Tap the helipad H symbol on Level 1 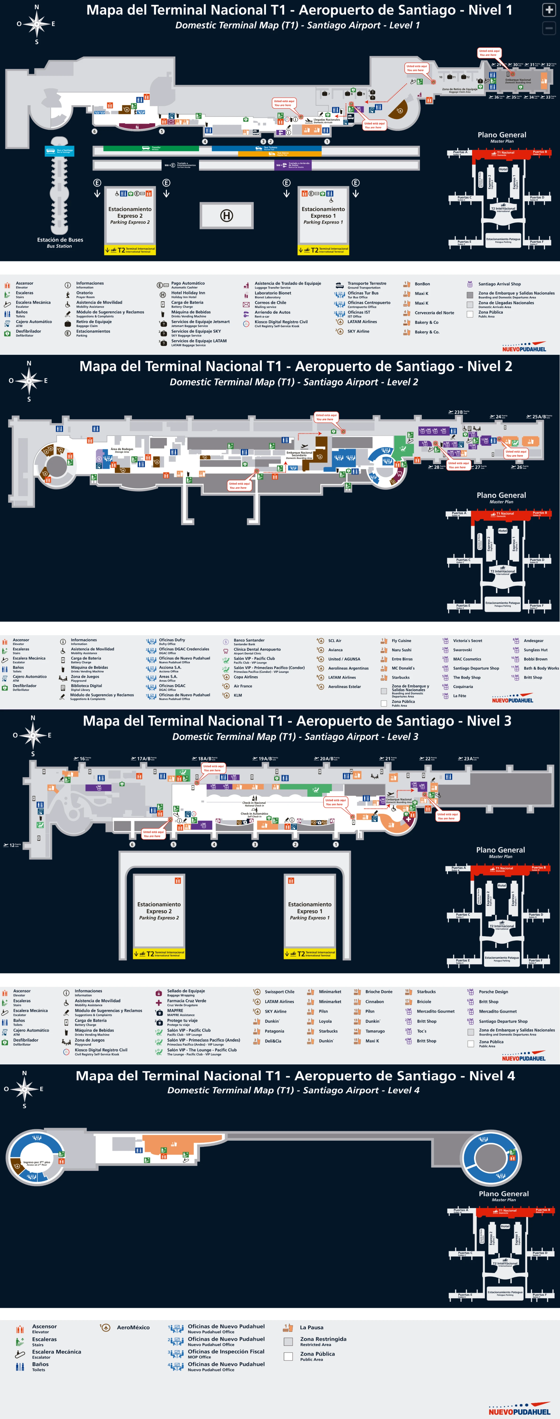(226, 215)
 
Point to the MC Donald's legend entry (403, 668)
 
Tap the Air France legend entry (243, 686)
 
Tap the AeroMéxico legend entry (133, 1328)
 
